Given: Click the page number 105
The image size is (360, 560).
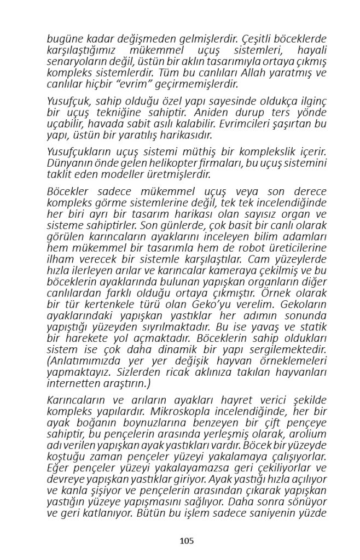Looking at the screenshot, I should pos(187,541).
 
